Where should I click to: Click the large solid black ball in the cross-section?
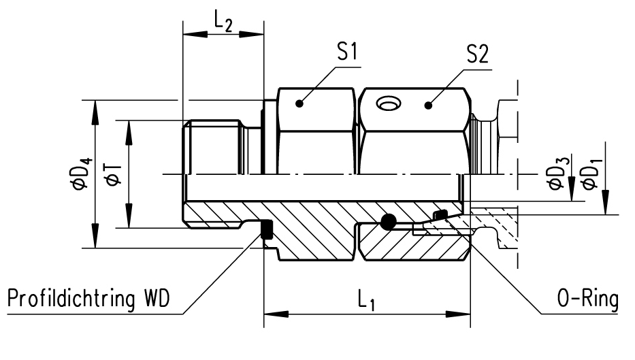coord(389,220)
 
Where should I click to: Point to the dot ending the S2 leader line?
coord(428,104)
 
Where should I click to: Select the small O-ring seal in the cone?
coord(440,216)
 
